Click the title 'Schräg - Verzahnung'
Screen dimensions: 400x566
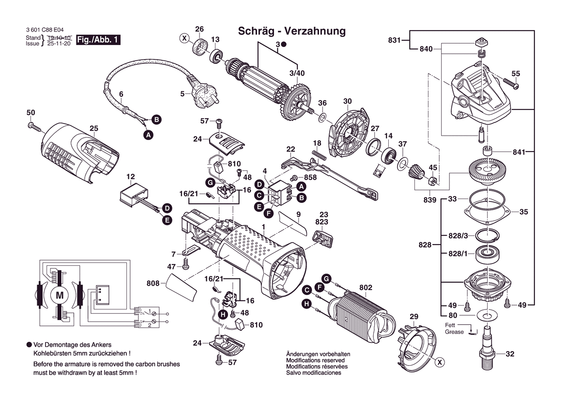click(x=291, y=31)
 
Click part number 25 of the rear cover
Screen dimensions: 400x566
click(x=94, y=128)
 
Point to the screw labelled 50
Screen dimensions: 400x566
click(x=34, y=126)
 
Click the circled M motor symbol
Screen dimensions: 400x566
click(x=60, y=295)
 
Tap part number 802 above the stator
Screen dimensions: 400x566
click(x=366, y=288)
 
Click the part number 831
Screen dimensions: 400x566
click(x=394, y=40)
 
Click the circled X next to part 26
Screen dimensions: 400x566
click(x=184, y=38)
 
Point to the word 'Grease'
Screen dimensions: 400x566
click(x=455, y=332)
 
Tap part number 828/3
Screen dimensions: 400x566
click(x=458, y=236)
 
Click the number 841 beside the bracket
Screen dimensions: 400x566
click(x=519, y=152)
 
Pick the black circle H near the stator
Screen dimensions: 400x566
click(x=306, y=304)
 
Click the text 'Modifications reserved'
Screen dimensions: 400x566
click(x=315, y=361)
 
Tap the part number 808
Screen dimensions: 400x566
click(x=153, y=283)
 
